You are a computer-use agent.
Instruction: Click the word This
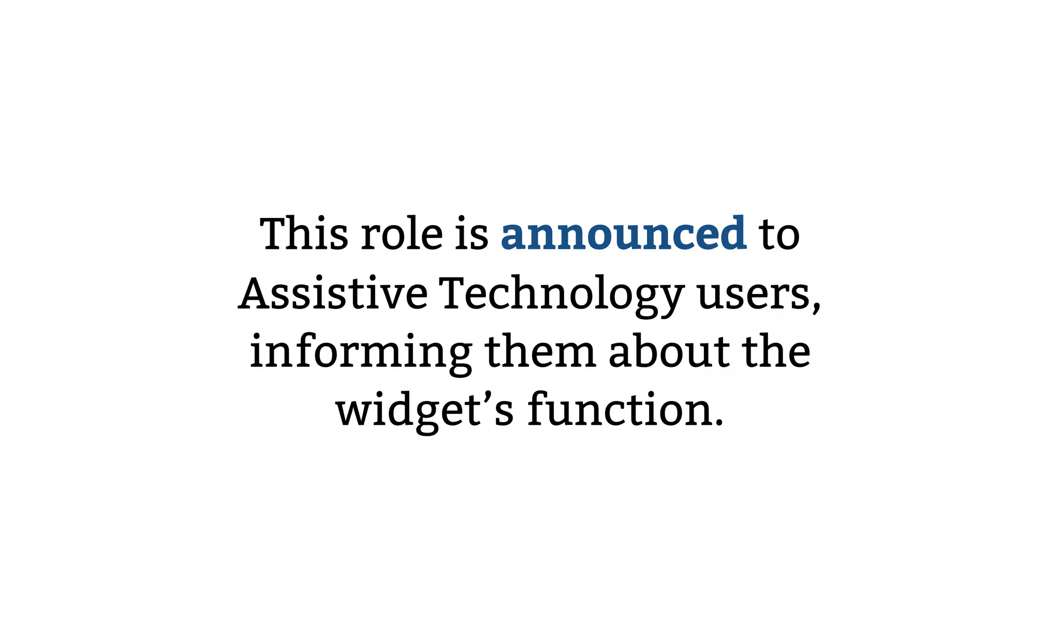[x=304, y=234]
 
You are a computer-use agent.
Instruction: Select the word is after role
[x=472, y=234]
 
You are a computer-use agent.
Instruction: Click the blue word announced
[x=623, y=234]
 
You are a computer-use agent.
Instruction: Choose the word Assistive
[x=333, y=293]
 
